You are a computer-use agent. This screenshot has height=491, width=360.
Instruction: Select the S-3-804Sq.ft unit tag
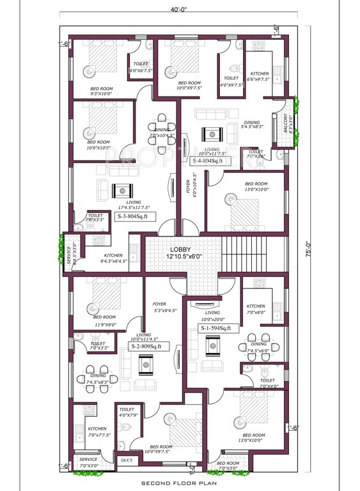tap(136, 217)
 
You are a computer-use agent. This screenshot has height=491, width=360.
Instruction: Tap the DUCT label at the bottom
tap(125, 460)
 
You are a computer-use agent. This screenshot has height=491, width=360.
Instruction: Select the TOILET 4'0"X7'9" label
tap(127, 412)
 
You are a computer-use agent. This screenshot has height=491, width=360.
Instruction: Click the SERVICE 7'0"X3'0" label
tap(88, 462)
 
